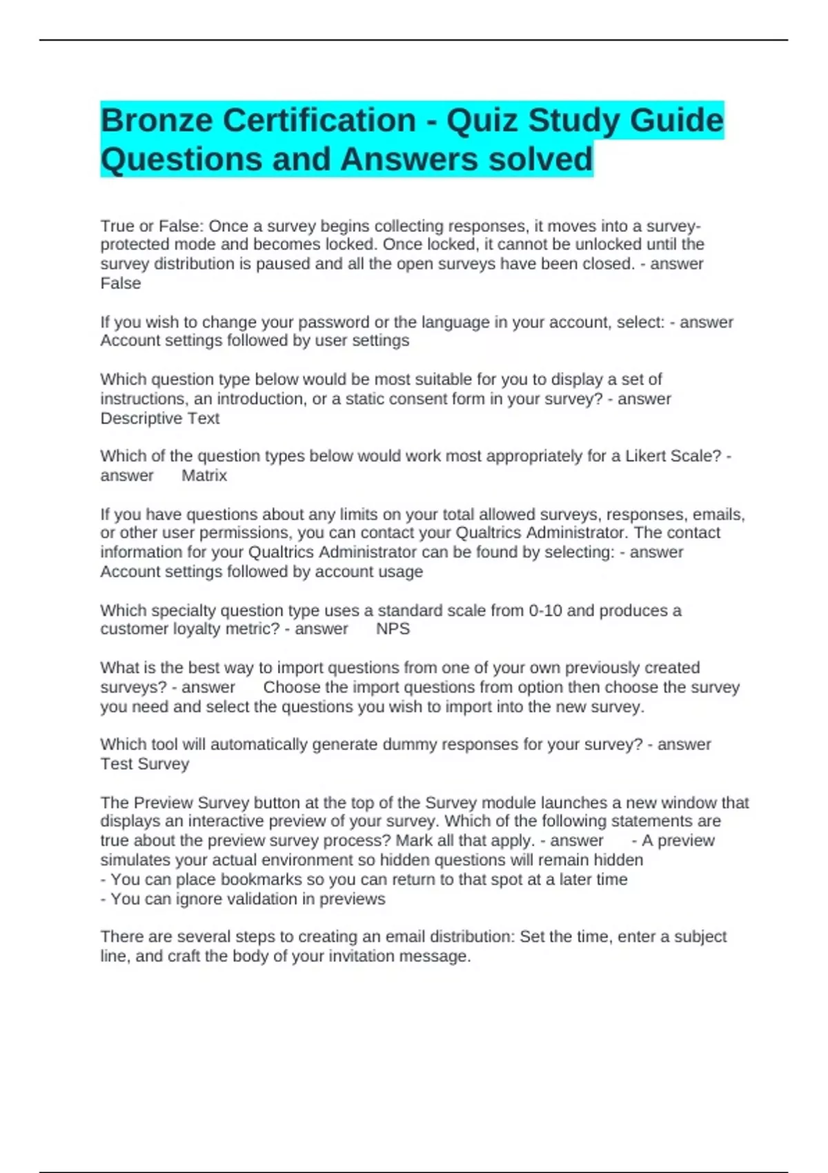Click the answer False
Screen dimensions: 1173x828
tap(121, 284)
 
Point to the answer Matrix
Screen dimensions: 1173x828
tap(204, 475)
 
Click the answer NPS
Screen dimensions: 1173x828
tap(393, 629)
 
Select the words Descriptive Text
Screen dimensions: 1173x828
tap(160, 419)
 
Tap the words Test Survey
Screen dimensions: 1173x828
tap(145, 765)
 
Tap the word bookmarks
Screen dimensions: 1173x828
tap(250, 880)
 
